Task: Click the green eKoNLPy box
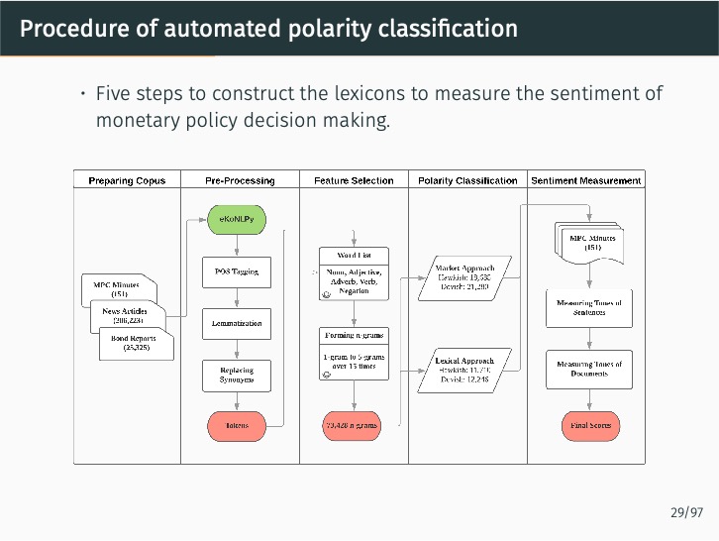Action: click(x=236, y=218)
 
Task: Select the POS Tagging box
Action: click(x=236, y=271)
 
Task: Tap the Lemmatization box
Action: click(x=236, y=323)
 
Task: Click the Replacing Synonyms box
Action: click(x=236, y=375)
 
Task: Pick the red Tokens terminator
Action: click(x=236, y=426)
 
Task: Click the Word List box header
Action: click(x=354, y=255)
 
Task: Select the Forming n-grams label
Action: click(x=354, y=335)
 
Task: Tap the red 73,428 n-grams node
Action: click(x=352, y=426)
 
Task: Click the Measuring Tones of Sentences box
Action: click(x=589, y=307)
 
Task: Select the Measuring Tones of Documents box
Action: click(x=589, y=369)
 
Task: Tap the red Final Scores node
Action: click(x=590, y=426)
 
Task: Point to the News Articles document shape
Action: click(x=127, y=316)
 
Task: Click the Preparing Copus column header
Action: click(x=127, y=180)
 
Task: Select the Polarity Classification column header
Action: click(x=467, y=180)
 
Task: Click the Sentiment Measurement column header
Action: click(x=586, y=180)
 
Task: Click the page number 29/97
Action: click(x=685, y=512)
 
